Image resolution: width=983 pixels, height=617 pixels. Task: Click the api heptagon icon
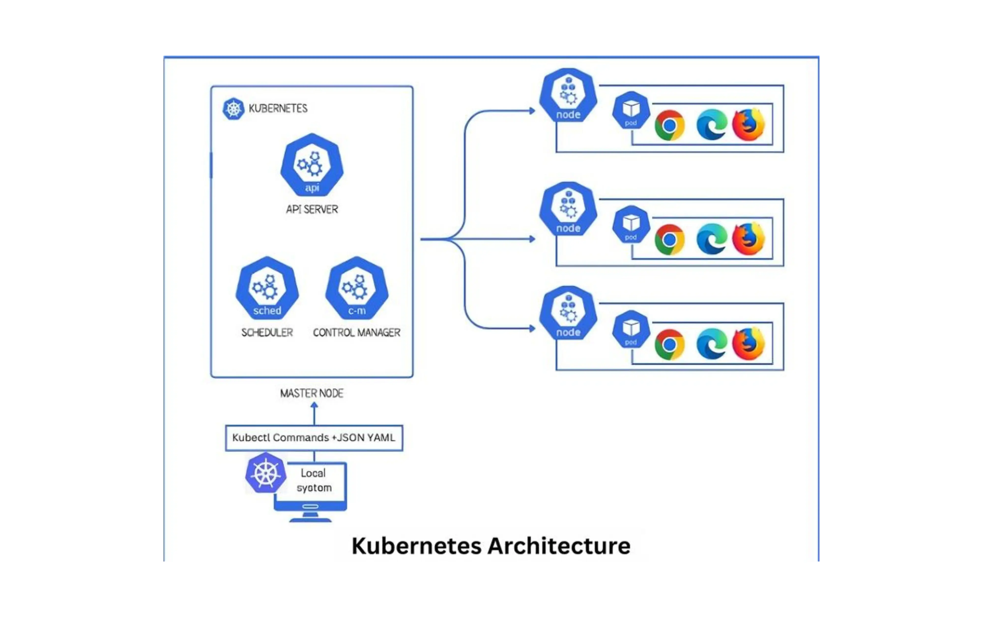pyautogui.click(x=312, y=165)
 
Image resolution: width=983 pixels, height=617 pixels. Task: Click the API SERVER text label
pyautogui.click(x=312, y=209)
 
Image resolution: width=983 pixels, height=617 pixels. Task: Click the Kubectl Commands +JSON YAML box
pyautogui.click(x=314, y=437)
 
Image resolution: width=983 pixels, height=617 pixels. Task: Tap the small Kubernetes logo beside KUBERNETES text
pyautogui.click(x=233, y=109)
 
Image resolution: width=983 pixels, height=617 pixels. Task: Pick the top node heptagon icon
pyautogui.click(x=568, y=96)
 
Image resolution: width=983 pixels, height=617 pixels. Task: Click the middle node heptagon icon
pyautogui.click(x=568, y=209)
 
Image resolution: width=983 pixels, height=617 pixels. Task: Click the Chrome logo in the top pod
pyautogui.click(x=669, y=125)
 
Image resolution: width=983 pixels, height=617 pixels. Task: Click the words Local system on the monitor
pyautogui.click(x=314, y=480)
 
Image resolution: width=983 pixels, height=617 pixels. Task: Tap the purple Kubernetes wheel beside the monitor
pyautogui.click(x=266, y=473)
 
